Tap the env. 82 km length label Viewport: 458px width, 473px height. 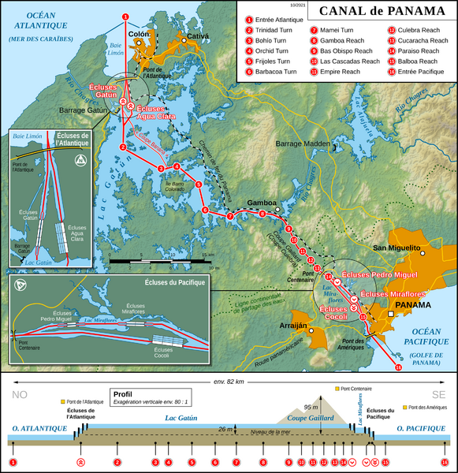pos(229,382)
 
